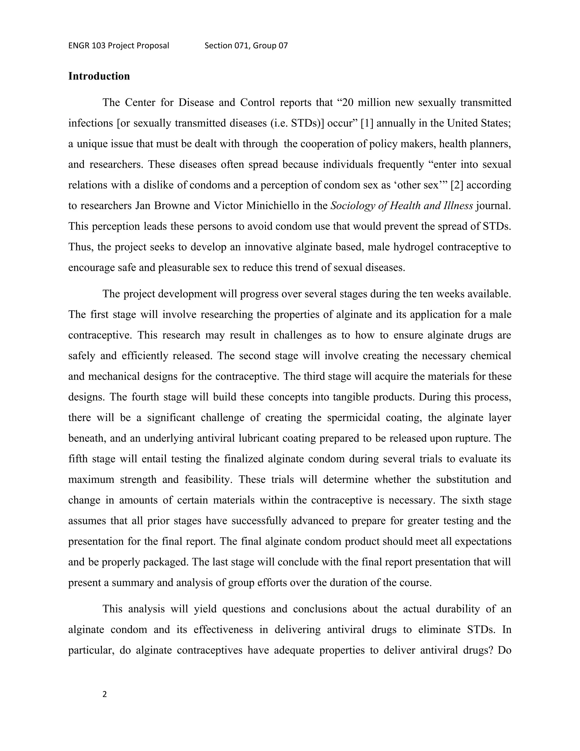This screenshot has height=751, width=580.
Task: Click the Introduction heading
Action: coord(99,76)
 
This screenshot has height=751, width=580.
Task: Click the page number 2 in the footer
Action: coord(105,694)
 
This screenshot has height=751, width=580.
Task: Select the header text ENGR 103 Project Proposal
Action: coord(119,46)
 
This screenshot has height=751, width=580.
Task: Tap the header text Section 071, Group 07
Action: coord(246,46)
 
